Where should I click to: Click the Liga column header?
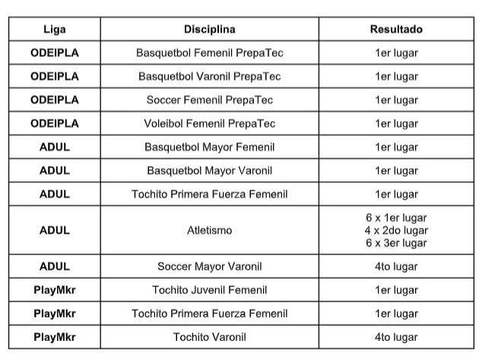coord(54,30)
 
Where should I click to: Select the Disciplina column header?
coord(209,30)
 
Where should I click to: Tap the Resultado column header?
coord(396,30)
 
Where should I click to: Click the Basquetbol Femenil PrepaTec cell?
coord(209,53)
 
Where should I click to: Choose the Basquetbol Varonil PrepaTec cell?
coord(209,77)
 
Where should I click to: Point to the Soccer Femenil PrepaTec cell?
coord(209,100)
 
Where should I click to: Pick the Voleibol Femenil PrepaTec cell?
coord(209,123)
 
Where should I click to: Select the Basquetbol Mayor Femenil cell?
coord(209,147)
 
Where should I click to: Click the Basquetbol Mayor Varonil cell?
coord(209,170)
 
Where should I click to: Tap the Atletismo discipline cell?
coord(209,230)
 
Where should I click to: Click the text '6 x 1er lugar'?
coord(396,218)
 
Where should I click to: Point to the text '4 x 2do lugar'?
coord(396,230)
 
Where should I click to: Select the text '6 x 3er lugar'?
coord(396,243)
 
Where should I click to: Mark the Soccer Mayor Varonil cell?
coord(209,266)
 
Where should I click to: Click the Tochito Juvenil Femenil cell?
coord(209,290)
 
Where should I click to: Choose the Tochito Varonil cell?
coord(209,336)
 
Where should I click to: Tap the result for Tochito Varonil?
coord(396,336)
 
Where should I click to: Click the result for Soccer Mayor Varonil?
coord(396,266)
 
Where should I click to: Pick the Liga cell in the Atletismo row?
coord(54,230)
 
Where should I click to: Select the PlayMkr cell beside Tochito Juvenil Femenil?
coord(54,290)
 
